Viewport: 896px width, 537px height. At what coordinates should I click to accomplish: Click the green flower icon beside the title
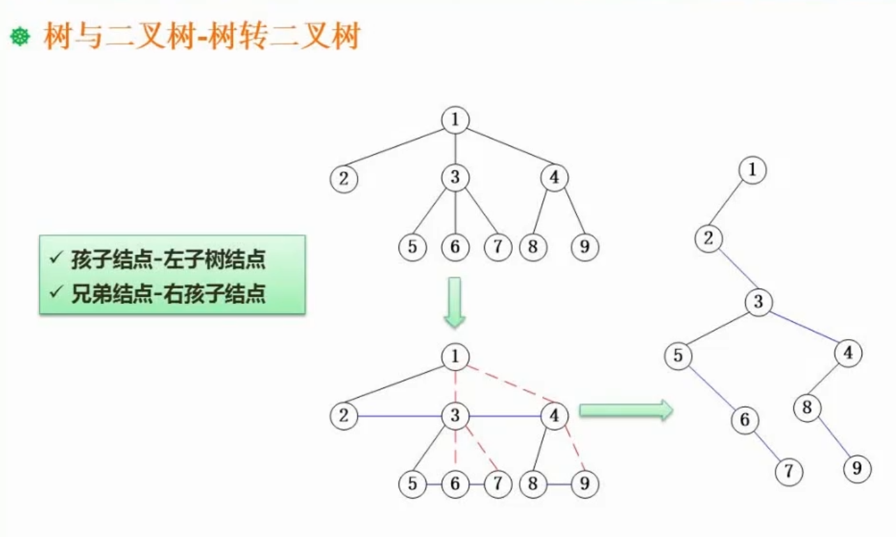click(20, 37)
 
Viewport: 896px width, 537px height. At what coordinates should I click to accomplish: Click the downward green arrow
click(455, 302)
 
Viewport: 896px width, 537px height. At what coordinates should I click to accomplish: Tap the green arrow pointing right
click(626, 410)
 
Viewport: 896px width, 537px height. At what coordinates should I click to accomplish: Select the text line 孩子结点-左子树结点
click(168, 259)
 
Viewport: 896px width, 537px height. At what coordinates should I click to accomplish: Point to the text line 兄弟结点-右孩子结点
click(168, 293)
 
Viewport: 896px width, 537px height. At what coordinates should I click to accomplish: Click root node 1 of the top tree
click(455, 119)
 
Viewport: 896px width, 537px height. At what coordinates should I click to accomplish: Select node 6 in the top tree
click(455, 246)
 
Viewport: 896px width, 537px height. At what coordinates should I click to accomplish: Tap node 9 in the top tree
click(584, 246)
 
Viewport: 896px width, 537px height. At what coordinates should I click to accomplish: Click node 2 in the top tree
click(344, 179)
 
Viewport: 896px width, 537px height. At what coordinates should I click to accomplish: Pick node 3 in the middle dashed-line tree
click(455, 416)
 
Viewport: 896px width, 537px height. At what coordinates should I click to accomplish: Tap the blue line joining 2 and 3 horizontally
click(399, 416)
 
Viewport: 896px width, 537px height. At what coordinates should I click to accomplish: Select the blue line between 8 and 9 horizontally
click(558, 484)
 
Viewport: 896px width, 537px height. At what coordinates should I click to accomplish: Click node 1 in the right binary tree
click(752, 170)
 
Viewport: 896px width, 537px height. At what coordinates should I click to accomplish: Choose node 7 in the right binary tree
click(789, 472)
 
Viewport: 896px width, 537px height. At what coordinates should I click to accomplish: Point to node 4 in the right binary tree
click(847, 352)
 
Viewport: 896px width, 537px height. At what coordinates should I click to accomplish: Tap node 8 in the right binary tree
click(807, 407)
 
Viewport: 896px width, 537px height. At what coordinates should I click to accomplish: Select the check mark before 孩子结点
click(56, 257)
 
